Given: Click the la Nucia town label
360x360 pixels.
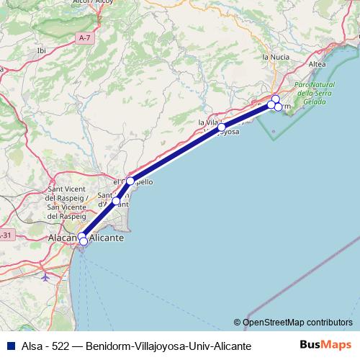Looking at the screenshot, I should pyautogui.click(x=275, y=56).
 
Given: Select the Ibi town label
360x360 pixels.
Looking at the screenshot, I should pyautogui.click(x=40, y=50).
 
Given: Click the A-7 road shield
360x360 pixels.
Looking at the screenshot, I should pyautogui.click(x=85, y=37).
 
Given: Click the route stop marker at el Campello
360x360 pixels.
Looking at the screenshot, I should pyautogui.click(x=130, y=181).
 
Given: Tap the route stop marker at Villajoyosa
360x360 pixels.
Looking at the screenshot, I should pyautogui.click(x=222, y=127).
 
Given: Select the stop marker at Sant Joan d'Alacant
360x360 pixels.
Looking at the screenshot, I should pyautogui.click(x=116, y=201).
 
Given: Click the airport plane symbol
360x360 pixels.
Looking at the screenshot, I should pyautogui.click(x=47, y=275).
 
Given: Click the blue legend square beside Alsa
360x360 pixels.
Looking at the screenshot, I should pyautogui.click(x=9, y=346).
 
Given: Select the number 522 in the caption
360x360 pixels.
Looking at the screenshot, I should pyautogui.click(x=60, y=346).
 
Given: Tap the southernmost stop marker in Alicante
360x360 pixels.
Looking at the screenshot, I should pyautogui.click(x=84, y=241).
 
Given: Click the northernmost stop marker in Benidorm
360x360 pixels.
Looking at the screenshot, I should pyautogui.click(x=275, y=99).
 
